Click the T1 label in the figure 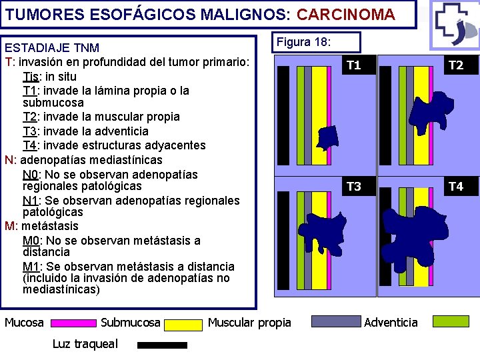(354, 65)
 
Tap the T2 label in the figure (456, 65)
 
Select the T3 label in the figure (354, 187)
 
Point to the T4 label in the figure (456, 187)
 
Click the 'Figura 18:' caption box (317, 42)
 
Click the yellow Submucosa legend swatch (183, 325)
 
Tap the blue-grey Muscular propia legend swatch (327, 322)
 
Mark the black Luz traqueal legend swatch (162, 345)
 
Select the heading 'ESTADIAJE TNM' (52, 48)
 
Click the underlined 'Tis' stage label (31, 76)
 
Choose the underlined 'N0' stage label (30, 175)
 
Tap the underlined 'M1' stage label (31, 266)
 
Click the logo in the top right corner (455, 24)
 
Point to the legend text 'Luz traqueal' (85, 344)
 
